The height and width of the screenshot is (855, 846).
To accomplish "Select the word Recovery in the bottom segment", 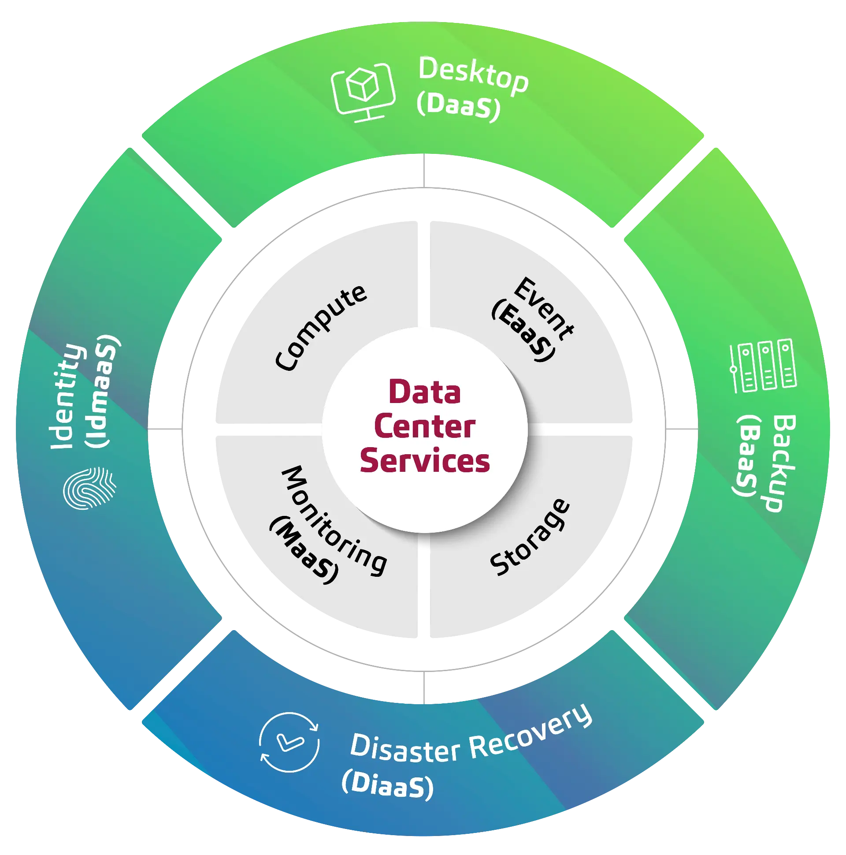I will point(531,735).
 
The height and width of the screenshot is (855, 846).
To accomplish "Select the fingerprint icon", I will point(90,488).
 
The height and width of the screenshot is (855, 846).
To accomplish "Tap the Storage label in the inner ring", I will point(530,538).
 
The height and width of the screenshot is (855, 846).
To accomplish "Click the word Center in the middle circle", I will point(425,427).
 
